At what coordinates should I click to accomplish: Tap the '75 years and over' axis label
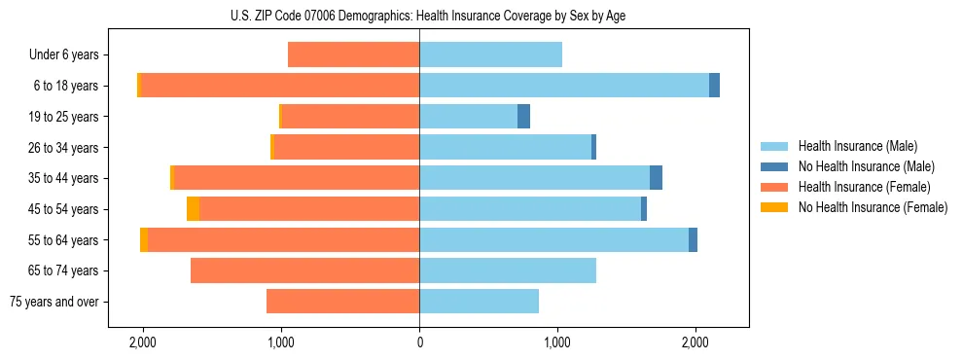pos(53,302)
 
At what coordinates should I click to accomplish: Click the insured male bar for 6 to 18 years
pos(564,86)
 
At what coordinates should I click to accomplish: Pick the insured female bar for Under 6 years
pos(353,55)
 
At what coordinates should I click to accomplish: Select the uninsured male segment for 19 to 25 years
pos(523,117)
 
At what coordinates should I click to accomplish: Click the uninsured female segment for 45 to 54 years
pos(193,209)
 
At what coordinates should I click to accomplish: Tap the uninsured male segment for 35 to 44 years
pos(656,178)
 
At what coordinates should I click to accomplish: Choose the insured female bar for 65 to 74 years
pos(304,270)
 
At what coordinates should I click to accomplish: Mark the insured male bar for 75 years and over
pos(479,302)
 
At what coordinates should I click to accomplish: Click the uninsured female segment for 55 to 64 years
pos(144,240)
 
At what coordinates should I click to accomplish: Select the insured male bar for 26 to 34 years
pos(505,148)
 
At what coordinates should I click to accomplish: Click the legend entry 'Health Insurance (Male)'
pos(857,146)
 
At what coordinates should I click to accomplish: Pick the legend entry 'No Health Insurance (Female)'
pos(873,207)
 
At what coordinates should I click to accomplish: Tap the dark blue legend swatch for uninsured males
pos(774,166)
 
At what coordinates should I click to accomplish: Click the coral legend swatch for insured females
pos(774,187)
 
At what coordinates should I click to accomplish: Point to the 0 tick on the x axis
pos(419,343)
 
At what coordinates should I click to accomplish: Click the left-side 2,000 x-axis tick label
pos(143,343)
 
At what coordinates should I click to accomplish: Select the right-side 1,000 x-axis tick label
pos(557,343)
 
